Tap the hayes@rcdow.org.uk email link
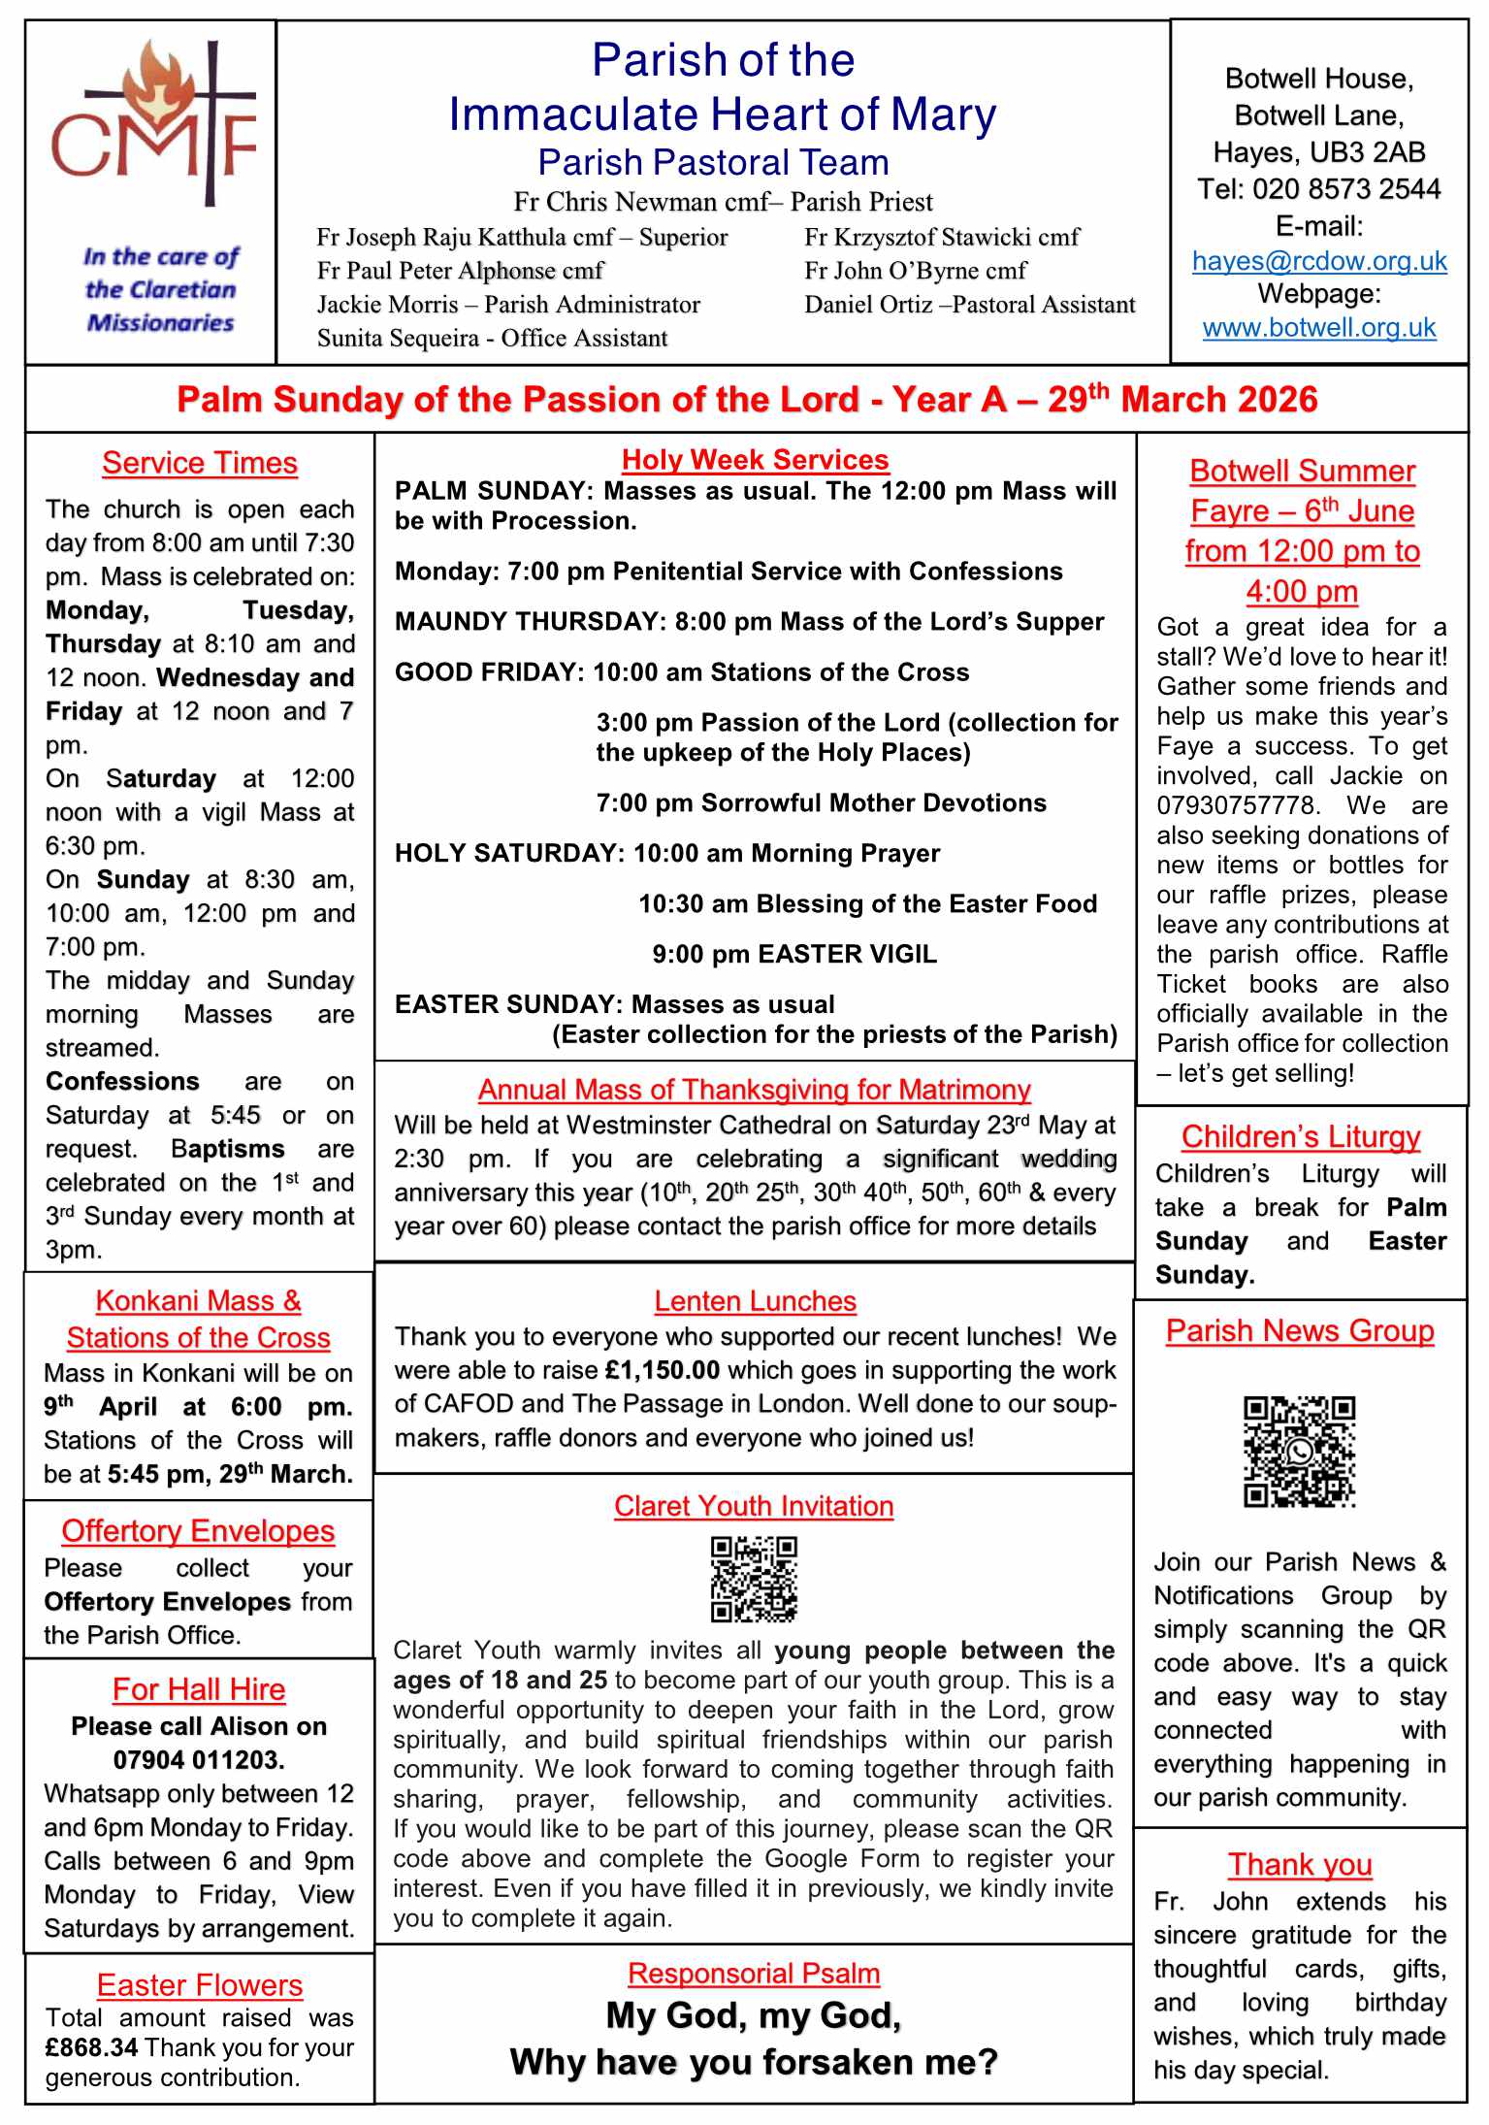tap(1319, 261)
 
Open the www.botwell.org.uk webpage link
tap(1319, 328)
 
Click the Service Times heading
tap(200, 464)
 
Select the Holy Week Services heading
tap(755, 460)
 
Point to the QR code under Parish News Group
tap(1299, 1452)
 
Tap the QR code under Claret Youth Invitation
tap(754, 1579)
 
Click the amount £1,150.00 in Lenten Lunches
tap(662, 1370)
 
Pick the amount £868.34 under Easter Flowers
tap(92, 2048)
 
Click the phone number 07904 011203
tap(199, 1760)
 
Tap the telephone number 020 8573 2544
tap(1346, 189)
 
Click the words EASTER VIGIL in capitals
tap(847, 954)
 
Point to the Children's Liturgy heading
tap(1300, 1136)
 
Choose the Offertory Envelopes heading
tap(198, 1531)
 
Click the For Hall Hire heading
tap(199, 1689)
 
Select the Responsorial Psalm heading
tap(754, 1974)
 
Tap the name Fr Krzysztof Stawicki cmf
tap(941, 238)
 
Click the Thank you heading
tap(1300, 1865)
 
